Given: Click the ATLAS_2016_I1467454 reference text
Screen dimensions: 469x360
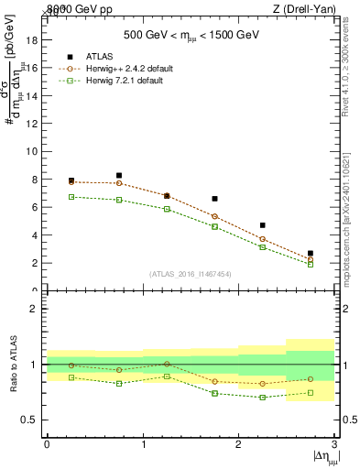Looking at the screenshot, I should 191,273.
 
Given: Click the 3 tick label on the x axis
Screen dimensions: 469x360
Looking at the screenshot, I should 335,444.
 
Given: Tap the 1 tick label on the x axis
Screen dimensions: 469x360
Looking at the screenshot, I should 143,444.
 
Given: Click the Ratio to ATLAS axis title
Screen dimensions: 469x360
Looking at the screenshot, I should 12,365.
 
